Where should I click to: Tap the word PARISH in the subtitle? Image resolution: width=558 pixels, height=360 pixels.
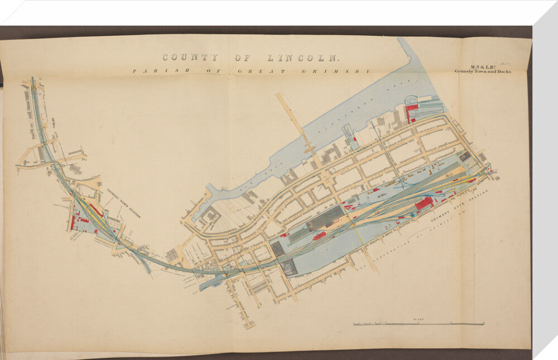[151, 71]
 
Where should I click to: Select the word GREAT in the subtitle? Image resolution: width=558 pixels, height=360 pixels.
[261, 71]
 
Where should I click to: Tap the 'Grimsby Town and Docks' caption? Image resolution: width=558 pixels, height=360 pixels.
[483, 71]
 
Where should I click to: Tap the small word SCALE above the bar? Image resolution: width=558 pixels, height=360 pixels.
[419, 319]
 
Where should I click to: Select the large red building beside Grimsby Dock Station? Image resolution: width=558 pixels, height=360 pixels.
[424, 203]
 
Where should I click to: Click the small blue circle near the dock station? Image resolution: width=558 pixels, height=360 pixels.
[412, 214]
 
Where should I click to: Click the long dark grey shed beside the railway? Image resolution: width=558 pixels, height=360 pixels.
[325, 218]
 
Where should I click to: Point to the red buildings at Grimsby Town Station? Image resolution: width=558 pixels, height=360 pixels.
[73, 222]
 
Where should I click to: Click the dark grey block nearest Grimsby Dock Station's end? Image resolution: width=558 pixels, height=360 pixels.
[464, 157]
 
